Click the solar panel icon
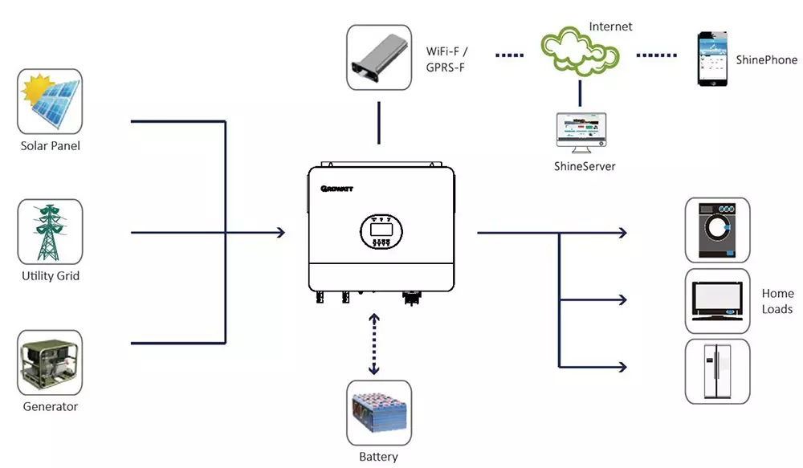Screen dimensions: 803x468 click(x=50, y=101)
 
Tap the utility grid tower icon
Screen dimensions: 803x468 click(x=50, y=232)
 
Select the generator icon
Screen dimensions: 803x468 click(x=50, y=363)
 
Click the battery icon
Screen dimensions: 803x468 click(x=379, y=413)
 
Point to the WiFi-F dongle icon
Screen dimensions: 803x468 click(x=379, y=57)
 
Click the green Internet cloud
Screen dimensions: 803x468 click(x=580, y=51)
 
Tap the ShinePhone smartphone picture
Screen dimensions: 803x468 click(x=712, y=59)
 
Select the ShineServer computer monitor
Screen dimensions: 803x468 click(x=581, y=132)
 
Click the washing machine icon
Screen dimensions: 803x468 click(x=717, y=230)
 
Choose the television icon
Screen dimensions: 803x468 click(x=717, y=300)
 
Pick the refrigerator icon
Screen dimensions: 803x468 click(x=717, y=371)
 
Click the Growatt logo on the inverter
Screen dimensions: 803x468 click(x=337, y=189)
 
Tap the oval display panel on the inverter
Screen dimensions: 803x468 click(x=381, y=231)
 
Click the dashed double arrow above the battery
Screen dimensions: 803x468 click(x=374, y=344)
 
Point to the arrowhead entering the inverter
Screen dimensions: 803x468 click(x=280, y=233)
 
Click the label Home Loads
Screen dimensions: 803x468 click(x=777, y=301)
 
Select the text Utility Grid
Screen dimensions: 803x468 click(x=50, y=275)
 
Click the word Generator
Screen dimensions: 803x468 click(x=50, y=406)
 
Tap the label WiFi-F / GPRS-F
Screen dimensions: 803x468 click(x=446, y=59)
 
